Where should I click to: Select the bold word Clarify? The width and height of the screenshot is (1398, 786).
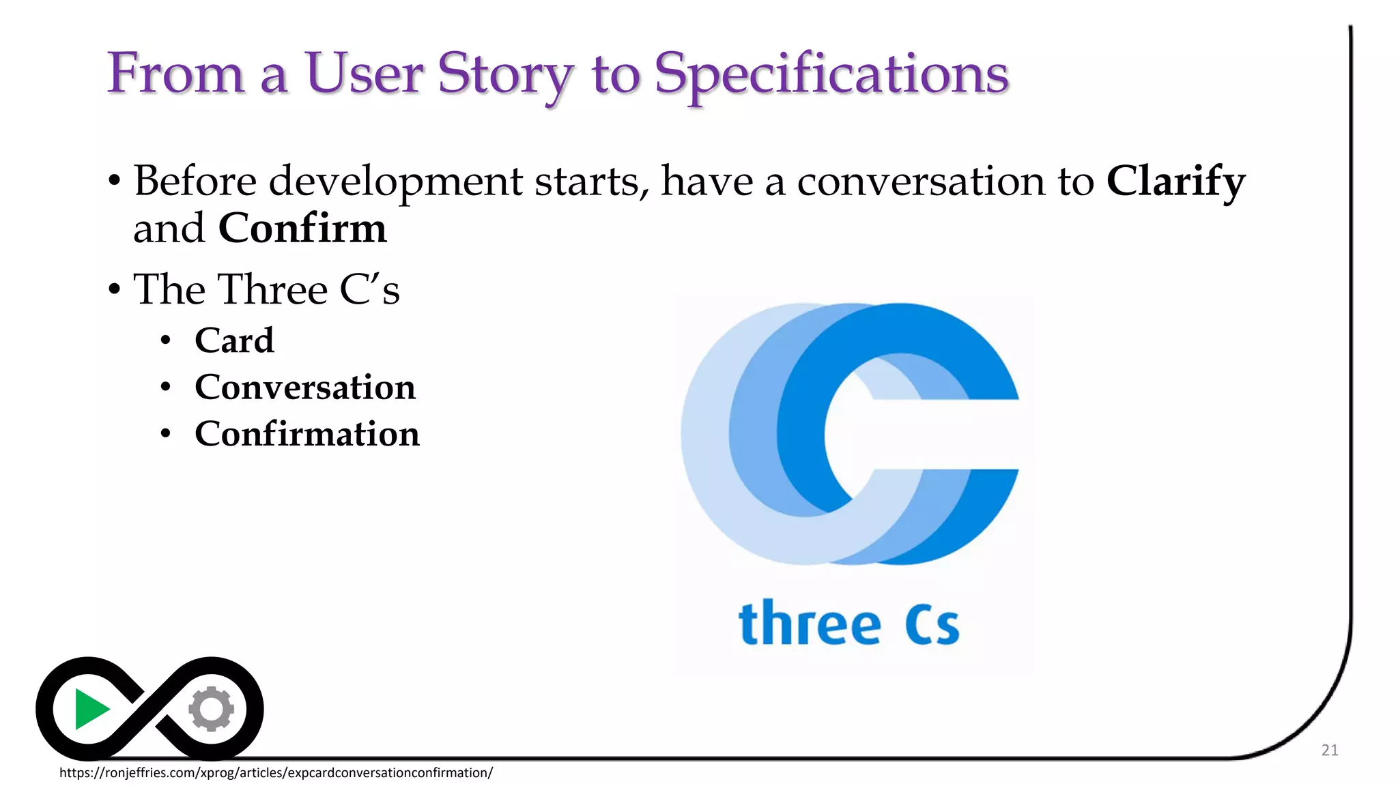(1175, 181)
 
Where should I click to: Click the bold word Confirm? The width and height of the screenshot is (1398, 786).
(302, 228)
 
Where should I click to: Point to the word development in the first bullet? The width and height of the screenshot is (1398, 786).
(395, 181)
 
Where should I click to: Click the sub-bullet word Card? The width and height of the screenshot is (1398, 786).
(234, 340)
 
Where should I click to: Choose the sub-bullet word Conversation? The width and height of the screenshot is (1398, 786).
(304, 388)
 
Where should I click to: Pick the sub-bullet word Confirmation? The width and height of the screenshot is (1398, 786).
(306, 434)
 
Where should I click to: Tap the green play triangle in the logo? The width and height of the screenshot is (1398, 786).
(90, 709)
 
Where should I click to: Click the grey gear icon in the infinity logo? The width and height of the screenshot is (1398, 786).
(212, 709)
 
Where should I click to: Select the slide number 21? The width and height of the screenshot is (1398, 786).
(1329, 750)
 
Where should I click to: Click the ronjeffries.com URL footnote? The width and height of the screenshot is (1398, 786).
(276, 772)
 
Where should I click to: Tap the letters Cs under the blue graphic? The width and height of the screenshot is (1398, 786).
(932, 624)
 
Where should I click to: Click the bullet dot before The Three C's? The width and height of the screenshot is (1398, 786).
(115, 290)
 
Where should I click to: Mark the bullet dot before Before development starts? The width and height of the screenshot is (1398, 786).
(115, 182)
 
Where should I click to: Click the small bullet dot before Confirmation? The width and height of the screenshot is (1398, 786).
(165, 434)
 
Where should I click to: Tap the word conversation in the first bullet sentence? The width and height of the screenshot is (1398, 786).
(922, 181)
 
